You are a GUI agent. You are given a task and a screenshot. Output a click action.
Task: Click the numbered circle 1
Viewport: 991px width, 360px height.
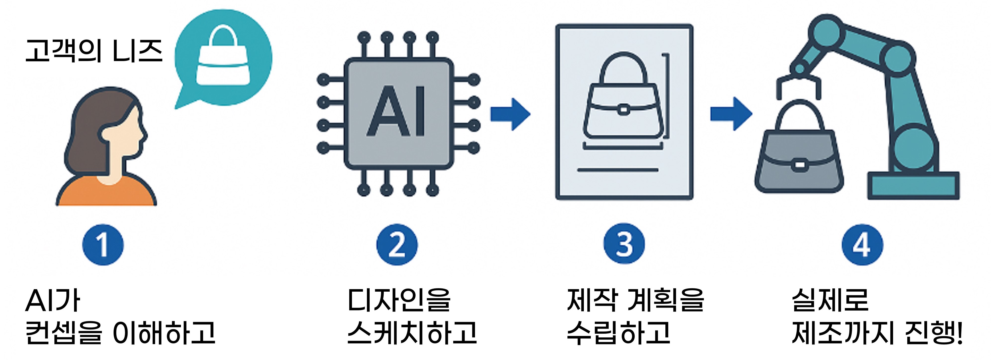[x=103, y=245]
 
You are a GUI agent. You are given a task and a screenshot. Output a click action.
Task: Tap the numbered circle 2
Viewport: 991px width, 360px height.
[x=397, y=245]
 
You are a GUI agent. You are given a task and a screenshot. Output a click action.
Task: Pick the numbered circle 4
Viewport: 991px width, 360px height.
[x=862, y=245]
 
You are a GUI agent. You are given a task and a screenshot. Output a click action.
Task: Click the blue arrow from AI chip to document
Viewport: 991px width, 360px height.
[x=510, y=114]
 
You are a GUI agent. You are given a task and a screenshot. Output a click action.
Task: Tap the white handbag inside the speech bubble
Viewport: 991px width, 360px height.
[x=223, y=62]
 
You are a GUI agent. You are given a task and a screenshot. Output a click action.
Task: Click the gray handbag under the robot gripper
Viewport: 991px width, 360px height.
[x=799, y=158]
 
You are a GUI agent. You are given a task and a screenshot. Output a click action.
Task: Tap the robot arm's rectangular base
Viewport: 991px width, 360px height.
[x=913, y=186]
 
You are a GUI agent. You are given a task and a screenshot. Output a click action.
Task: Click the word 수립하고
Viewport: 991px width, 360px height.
[x=619, y=333]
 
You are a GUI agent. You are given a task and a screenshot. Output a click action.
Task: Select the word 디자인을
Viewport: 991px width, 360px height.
[x=399, y=300]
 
